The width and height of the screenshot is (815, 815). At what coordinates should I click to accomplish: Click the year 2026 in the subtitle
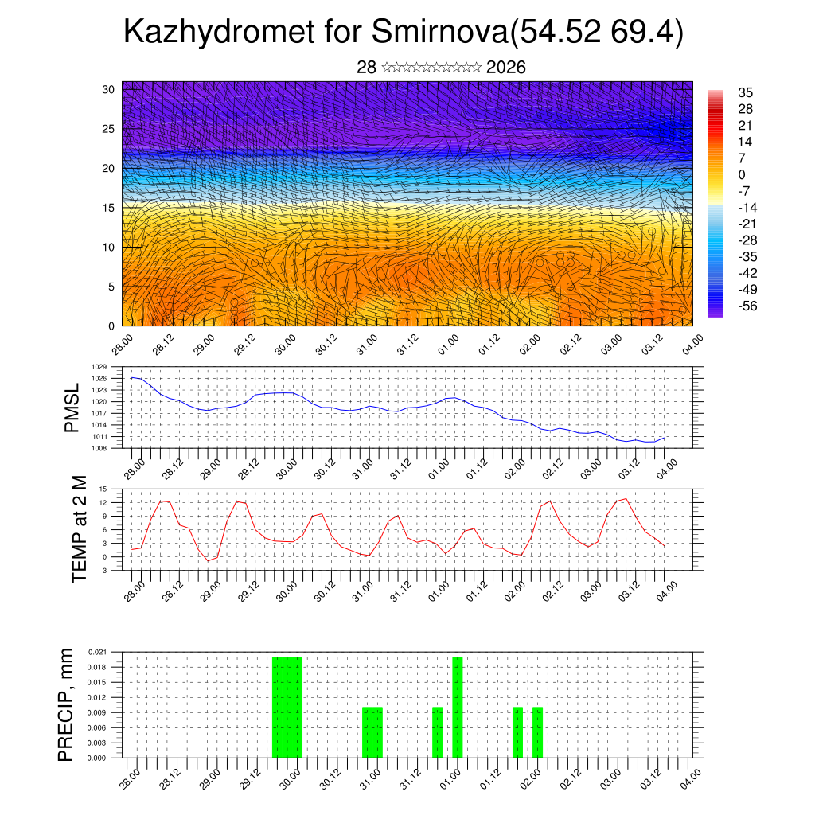click(x=505, y=68)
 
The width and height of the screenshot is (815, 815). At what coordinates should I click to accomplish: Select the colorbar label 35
click(x=746, y=92)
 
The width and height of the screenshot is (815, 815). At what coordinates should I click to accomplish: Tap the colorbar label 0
click(x=742, y=174)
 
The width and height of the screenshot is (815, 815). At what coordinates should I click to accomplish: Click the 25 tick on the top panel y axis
click(x=109, y=128)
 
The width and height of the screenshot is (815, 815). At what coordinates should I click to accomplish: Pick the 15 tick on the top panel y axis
click(x=109, y=208)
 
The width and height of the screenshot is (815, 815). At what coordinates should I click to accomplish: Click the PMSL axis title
click(x=72, y=407)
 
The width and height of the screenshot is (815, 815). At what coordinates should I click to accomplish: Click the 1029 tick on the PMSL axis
click(x=111, y=367)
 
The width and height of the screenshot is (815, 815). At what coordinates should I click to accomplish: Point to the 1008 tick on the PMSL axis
click(x=111, y=448)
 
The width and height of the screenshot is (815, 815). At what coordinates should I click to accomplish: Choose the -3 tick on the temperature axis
click(x=114, y=570)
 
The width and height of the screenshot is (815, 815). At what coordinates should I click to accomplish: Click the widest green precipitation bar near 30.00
click(x=287, y=707)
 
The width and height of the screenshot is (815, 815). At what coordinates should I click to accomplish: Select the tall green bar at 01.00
click(x=457, y=707)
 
